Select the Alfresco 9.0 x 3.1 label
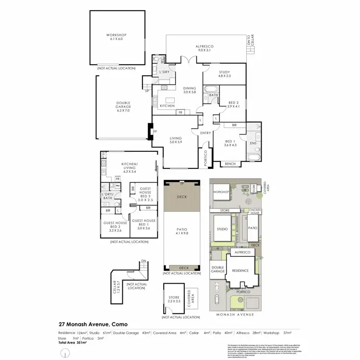tap(204, 48)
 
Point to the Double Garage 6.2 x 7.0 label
tap(123, 108)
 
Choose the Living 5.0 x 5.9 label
tap(176, 140)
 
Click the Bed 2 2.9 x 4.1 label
tap(233, 105)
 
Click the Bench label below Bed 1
tap(230, 164)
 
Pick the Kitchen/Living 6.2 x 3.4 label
tap(130, 166)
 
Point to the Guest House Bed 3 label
tap(144, 194)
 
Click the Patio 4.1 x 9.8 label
tap(181, 231)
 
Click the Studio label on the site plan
tap(222, 229)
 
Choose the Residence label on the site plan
tap(240, 270)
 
